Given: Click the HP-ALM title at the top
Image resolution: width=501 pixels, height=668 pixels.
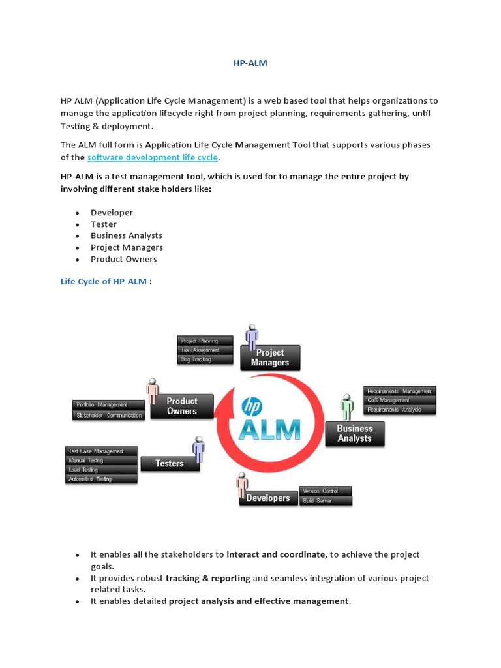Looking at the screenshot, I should pos(250,63).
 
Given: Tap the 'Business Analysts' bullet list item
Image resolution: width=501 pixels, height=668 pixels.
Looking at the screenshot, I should pos(127,235).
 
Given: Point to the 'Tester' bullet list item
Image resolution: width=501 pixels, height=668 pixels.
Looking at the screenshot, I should pos(104,224).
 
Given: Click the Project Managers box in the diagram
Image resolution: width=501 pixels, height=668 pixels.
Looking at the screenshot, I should pos(270,357).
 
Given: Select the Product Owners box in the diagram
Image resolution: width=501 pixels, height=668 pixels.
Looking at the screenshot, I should pos(181,406).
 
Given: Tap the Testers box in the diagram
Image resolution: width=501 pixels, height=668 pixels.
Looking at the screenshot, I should pos(170,463).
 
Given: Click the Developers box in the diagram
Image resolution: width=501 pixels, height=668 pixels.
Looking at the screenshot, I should pos(268,498).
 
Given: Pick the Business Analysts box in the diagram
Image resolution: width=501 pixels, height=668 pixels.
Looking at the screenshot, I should pos(355,434).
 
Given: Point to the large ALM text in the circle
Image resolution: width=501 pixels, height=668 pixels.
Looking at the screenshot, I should pos(270,430).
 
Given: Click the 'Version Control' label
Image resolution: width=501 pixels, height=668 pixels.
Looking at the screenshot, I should pos(326,491).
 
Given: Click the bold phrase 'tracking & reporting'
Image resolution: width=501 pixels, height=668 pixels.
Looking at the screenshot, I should pos(208,578).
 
